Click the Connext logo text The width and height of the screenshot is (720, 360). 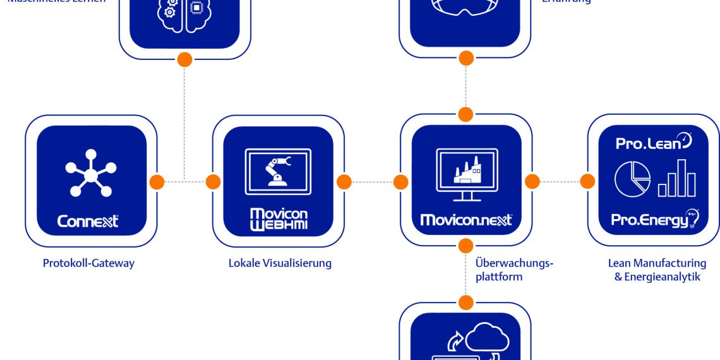point(88,222)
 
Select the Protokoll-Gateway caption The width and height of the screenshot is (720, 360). point(88,263)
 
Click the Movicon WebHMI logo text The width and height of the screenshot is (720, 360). point(279,219)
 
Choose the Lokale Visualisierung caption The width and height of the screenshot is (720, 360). point(280,263)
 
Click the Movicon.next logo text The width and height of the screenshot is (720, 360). point(466,220)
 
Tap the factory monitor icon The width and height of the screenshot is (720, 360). point(467,172)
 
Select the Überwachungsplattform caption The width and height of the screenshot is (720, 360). point(513,269)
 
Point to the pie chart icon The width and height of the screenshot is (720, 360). point(632,179)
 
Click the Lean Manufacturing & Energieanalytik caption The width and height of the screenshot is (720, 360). point(657,270)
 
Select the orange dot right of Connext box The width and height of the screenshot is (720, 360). point(157,182)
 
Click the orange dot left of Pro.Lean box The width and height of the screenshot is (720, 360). point(587,181)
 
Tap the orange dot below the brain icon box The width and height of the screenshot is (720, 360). point(184,60)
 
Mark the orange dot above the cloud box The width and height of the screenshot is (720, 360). point(466,303)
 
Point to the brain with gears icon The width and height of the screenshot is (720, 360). point(184,13)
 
